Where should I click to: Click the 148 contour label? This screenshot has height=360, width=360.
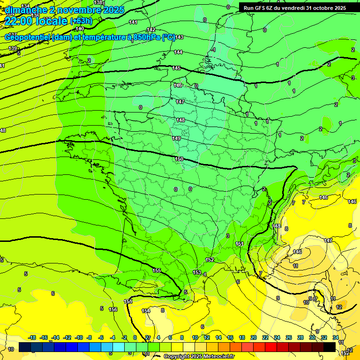180,120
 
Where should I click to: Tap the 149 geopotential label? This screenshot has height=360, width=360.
176,138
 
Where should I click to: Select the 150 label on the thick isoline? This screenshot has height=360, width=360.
179,159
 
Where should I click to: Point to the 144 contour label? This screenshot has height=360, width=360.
178,52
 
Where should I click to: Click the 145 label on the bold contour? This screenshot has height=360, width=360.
176,68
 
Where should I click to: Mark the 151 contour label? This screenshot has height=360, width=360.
240,244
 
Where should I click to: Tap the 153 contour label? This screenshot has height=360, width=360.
197,272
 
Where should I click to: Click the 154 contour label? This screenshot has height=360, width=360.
146,311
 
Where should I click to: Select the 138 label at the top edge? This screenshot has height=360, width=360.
97,2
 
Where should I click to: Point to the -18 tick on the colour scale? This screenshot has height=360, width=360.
32,337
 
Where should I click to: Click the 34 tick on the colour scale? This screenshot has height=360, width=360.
336,337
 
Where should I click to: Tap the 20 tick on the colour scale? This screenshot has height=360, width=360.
253,337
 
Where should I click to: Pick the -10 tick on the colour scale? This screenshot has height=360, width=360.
79,337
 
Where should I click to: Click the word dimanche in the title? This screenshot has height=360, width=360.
26,10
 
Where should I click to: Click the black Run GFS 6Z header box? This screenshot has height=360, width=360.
292,8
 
